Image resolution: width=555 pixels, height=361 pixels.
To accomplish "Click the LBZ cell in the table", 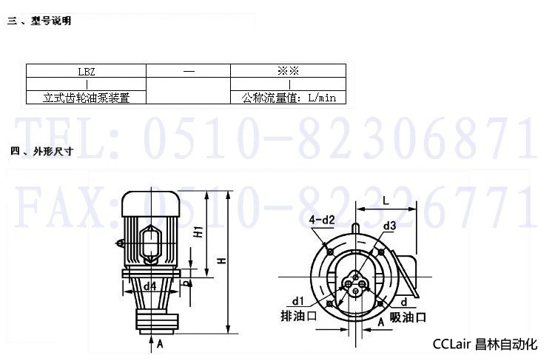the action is coord(87,71).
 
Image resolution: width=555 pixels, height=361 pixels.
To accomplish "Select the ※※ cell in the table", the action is coord(288,71).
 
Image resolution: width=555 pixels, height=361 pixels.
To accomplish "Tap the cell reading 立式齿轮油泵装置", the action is coord(87,98).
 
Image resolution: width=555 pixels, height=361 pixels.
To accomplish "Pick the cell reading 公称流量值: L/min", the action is coord(288,98).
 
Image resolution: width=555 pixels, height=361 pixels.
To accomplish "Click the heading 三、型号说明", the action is coord(39,21).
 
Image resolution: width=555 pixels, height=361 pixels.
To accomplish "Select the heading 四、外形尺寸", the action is coord(41,152).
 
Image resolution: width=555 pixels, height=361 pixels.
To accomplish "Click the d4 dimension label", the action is coord(149,286).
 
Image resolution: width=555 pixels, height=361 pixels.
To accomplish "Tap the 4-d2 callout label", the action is coord(322,220).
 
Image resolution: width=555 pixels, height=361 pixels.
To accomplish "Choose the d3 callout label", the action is coord(390,226).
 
